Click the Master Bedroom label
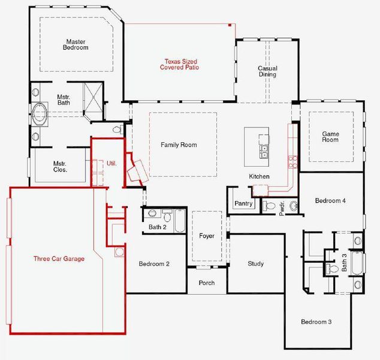pos(77,44)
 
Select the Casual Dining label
pos(267,71)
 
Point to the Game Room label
pos(330,137)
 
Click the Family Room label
pos(179,145)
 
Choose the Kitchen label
pos(260,176)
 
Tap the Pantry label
pos(243,204)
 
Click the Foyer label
pos(207,236)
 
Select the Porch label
pos(207,283)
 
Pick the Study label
pos(256,264)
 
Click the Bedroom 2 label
pos(154,264)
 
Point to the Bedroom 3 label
pos(316,322)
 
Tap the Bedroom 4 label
pos(330,200)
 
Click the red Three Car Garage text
pos(59,259)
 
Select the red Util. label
pos(111,163)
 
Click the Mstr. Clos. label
pos(59,166)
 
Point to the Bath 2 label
pos(158,227)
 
